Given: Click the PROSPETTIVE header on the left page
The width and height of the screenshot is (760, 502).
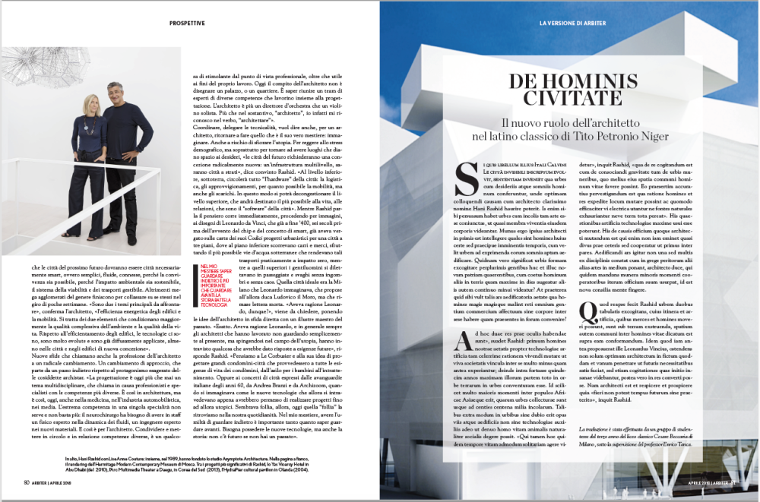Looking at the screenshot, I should [187, 24].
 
